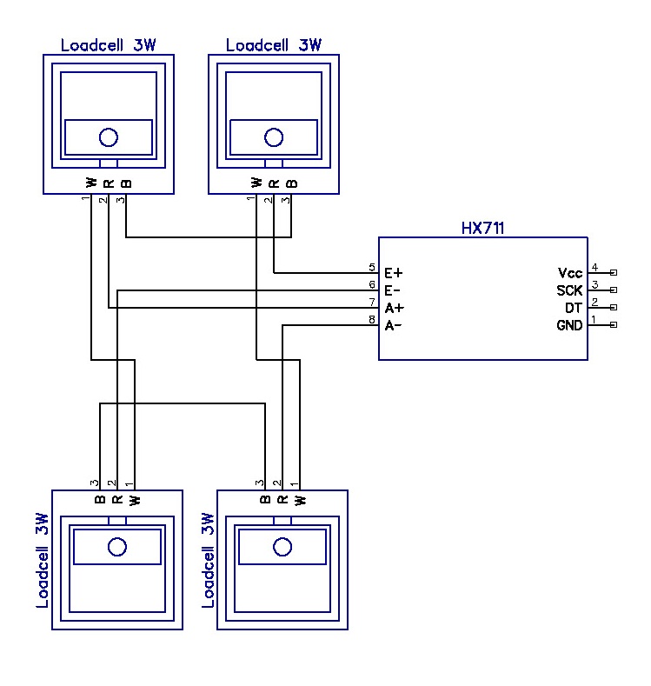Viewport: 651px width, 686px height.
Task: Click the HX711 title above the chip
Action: point(483,229)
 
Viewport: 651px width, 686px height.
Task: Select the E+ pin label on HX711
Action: point(393,273)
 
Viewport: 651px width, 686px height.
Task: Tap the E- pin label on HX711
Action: point(393,290)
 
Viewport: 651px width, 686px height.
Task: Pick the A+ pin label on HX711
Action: point(393,308)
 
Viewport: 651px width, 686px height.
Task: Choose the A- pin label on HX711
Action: point(393,325)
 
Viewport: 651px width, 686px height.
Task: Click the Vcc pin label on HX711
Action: point(570,273)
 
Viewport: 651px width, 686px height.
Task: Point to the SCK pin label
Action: point(569,290)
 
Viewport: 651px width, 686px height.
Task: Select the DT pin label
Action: point(574,308)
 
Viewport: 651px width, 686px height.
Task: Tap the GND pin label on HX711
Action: point(569,325)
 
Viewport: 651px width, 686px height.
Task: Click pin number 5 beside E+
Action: point(372,268)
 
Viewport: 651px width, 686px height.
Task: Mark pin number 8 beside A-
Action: point(372,320)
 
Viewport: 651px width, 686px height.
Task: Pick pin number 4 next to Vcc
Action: point(595,268)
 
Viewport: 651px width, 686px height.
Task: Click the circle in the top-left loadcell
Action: point(109,137)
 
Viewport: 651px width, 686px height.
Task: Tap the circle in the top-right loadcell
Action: point(274,137)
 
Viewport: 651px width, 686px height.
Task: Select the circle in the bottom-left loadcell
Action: point(117,546)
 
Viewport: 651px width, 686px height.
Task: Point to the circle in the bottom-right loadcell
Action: point(282,546)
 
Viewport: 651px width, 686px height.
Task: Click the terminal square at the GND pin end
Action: point(614,325)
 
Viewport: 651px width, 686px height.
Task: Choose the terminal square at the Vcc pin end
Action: point(614,273)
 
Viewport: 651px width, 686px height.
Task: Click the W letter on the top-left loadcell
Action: point(91,182)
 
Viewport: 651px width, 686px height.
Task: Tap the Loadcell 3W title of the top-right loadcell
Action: point(273,45)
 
